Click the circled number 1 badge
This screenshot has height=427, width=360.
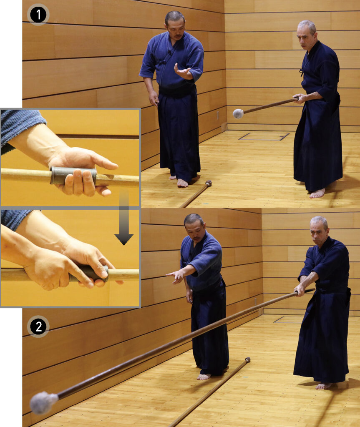[38, 15]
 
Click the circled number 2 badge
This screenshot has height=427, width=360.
[38, 327]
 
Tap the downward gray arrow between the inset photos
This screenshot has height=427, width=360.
[124, 218]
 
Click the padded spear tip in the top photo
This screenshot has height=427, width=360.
[238, 113]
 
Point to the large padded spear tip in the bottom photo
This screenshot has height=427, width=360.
[44, 403]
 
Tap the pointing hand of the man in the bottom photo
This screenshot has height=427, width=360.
[176, 276]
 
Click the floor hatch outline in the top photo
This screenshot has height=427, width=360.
[264, 136]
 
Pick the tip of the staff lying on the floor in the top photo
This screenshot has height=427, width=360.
[208, 183]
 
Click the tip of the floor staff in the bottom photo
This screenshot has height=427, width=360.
[247, 360]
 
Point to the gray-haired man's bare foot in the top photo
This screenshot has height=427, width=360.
[317, 193]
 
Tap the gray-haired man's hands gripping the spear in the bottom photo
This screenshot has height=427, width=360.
[300, 290]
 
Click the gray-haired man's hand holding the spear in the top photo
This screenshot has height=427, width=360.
[299, 99]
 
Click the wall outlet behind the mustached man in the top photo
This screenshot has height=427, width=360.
[217, 116]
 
